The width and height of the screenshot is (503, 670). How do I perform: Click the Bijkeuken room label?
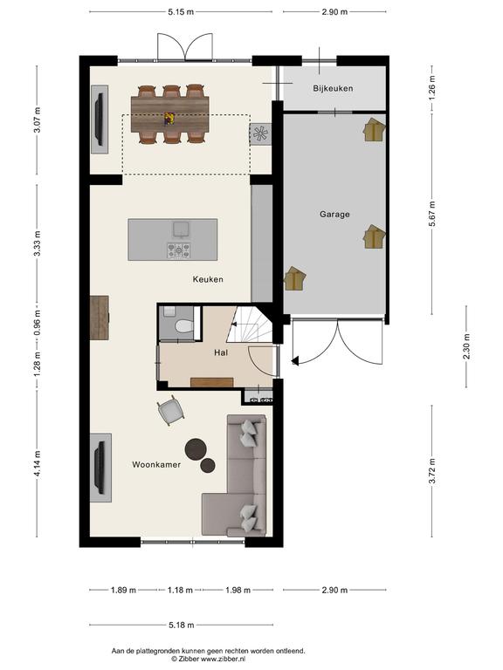coord(333,88)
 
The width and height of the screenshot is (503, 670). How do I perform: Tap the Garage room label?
coord(334,214)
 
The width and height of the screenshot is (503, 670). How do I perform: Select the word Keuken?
coord(208,279)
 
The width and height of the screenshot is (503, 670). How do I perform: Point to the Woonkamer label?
coord(156,464)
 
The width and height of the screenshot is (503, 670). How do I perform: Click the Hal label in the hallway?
coord(221,352)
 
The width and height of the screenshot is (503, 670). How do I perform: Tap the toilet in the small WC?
coord(184,326)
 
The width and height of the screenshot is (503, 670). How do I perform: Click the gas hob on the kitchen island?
coord(179,250)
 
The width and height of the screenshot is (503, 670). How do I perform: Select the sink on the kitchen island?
coord(182,229)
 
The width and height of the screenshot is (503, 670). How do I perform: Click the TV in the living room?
coord(100,468)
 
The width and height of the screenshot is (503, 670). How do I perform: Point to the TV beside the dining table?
coord(100,119)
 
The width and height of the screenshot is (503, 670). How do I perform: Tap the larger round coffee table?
coord(196,448)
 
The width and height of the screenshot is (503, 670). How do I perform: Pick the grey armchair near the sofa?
coord(170,410)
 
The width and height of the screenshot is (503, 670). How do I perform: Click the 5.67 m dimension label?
coord(432,214)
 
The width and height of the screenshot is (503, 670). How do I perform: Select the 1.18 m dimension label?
coord(180,590)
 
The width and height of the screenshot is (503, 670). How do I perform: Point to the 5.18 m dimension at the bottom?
coord(182,626)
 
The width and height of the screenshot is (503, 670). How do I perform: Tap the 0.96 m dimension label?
coord(38,322)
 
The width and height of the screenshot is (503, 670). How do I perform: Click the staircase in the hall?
coord(251,324)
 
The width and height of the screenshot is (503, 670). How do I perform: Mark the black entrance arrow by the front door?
coord(295,361)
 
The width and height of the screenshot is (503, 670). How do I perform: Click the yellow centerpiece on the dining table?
coord(169,119)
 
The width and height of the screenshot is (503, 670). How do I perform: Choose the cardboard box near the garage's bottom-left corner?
coord(295,278)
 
